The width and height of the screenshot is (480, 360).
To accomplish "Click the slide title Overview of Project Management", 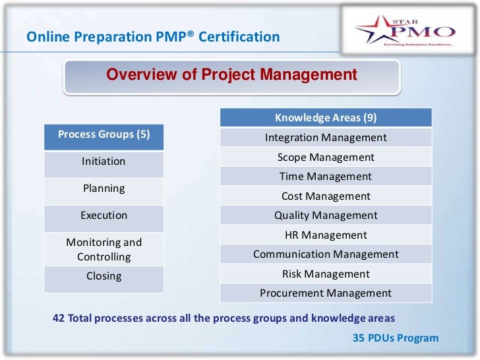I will click(231, 75).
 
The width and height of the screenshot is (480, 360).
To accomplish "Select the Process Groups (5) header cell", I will click(104, 135).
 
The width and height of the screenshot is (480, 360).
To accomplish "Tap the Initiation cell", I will click(104, 162).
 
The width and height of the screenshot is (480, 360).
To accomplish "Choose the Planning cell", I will click(104, 189).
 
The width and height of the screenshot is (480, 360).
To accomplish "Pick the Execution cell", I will click(104, 216).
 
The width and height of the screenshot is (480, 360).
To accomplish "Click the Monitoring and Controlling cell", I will click(104, 249).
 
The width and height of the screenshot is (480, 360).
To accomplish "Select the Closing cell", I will click(104, 276).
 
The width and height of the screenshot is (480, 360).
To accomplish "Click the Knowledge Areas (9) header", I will click(326, 118).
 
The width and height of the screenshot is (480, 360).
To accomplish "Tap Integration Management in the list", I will click(326, 138).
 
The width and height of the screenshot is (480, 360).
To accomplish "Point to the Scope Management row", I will click(326, 158).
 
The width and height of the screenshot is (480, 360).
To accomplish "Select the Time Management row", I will click(326, 177).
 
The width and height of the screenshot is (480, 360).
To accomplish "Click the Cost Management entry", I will click(326, 196).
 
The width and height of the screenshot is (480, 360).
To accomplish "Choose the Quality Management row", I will click(326, 216).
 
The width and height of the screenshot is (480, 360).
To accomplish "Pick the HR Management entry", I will click(326, 235).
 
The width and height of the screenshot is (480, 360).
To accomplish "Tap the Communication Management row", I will click(326, 255).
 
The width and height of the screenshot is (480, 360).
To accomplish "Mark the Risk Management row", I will click(326, 274).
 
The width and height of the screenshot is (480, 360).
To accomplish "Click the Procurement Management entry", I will click(326, 293).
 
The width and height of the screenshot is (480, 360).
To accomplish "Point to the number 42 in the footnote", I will click(59, 318).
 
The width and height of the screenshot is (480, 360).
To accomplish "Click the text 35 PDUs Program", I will click(396, 338).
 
